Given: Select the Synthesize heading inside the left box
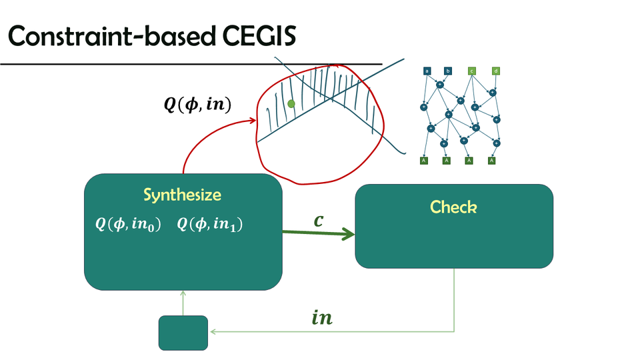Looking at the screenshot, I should pyautogui.click(x=182, y=195).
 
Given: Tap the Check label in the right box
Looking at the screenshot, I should pyautogui.click(x=453, y=207).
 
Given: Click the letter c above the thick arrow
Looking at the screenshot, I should pyautogui.click(x=319, y=220).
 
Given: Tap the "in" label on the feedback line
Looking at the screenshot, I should pyautogui.click(x=322, y=319).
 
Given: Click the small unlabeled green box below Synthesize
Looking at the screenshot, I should pyautogui.click(x=183, y=332).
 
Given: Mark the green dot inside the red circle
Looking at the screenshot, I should pyautogui.click(x=291, y=104).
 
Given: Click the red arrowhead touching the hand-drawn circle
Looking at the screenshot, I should pyautogui.click(x=254, y=121).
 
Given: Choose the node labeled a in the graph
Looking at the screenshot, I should pyautogui.click(x=427, y=71).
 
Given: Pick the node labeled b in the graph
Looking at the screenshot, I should pyautogui.click(x=448, y=71).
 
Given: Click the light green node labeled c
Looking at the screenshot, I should pyautogui.click(x=471, y=71).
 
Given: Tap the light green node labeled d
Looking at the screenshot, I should pyautogui.click(x=496, y=71).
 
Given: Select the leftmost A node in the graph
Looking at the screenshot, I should pyautogui.click(x=424, y=160).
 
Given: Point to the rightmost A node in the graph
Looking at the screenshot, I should pyautogui.click(x=492, y=160).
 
